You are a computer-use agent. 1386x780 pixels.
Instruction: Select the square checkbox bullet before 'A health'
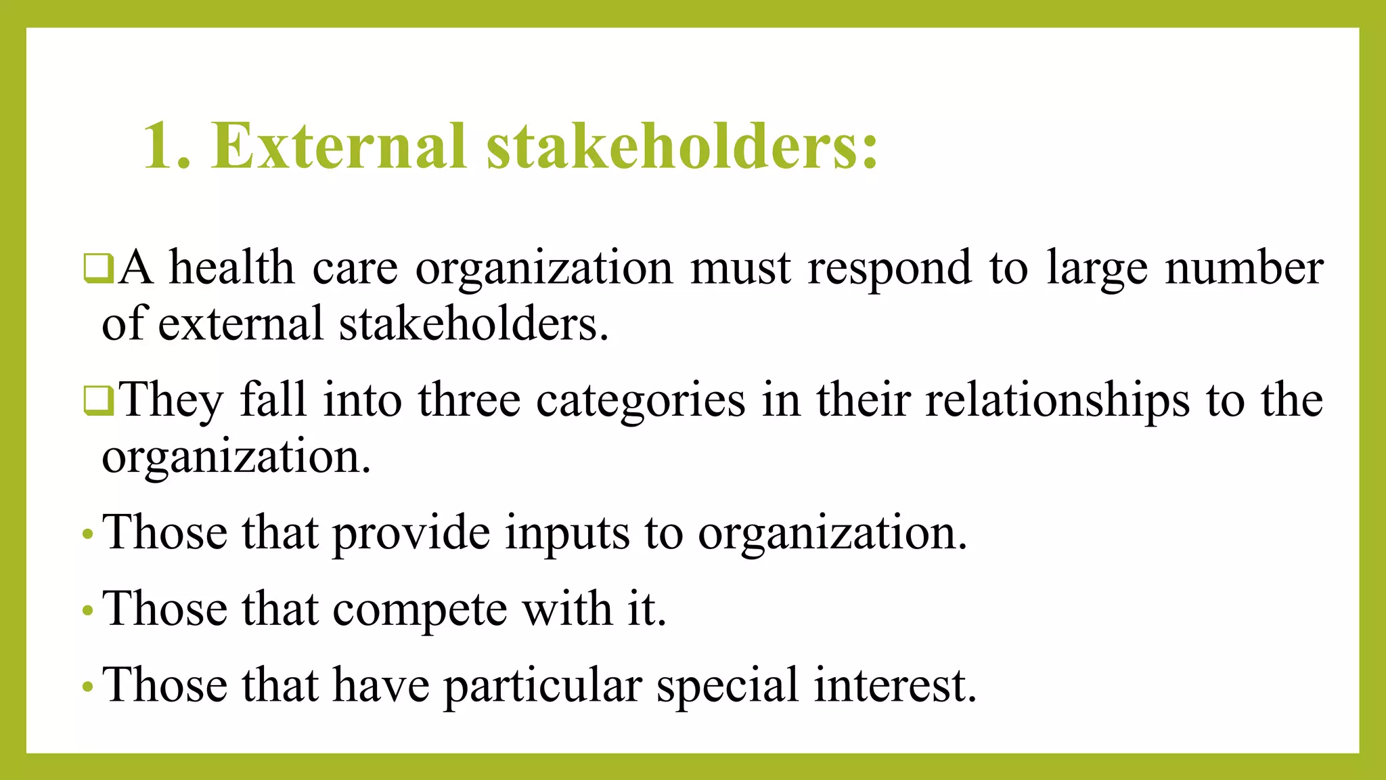(98, 267)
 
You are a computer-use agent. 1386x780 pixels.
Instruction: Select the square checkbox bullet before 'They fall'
(98, 400)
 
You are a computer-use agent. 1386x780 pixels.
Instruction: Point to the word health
(231, 267)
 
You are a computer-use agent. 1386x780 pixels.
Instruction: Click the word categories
(641, 402)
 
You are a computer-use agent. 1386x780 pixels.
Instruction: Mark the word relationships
(1057, 402)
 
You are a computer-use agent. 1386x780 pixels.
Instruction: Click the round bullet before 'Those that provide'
(87, 535)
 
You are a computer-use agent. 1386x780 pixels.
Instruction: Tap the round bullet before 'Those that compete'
(87, 611)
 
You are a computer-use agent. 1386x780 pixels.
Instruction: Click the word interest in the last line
(895, 685)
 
